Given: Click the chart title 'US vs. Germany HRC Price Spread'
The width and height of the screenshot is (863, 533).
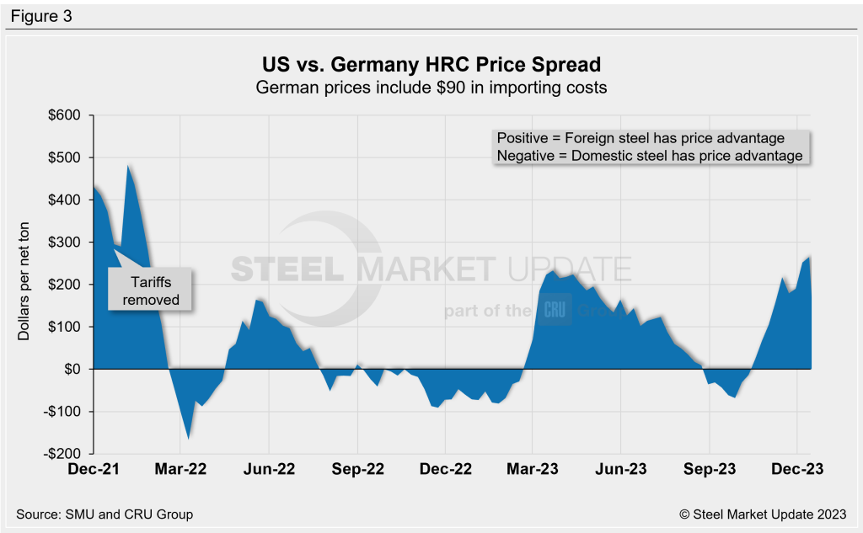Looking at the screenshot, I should pos(431,65).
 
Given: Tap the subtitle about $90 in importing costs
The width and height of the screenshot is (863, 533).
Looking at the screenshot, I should pos(431,87).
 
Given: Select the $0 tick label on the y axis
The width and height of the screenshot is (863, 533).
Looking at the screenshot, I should pos(71,369).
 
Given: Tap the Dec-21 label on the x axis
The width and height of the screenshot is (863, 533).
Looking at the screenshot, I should pos(93,469).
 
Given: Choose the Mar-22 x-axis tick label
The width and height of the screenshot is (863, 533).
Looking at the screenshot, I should pos(180,469).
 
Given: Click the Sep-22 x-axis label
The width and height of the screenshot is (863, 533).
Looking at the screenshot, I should pos(357,469).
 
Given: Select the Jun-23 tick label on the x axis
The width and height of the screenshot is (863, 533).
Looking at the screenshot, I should pos(621,469).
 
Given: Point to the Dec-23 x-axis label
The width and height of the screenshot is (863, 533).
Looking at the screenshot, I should pos(797,469).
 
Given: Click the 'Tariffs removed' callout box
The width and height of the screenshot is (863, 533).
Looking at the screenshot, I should pos(148,290).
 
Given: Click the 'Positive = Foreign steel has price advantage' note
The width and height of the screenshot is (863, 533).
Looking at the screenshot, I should pos(641,138).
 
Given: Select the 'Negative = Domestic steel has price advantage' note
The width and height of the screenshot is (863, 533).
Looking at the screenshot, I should pos(649,156).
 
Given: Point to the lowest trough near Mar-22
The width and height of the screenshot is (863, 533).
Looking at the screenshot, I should pos(188,438).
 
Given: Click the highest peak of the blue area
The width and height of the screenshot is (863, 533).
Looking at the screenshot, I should pos(128,166).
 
